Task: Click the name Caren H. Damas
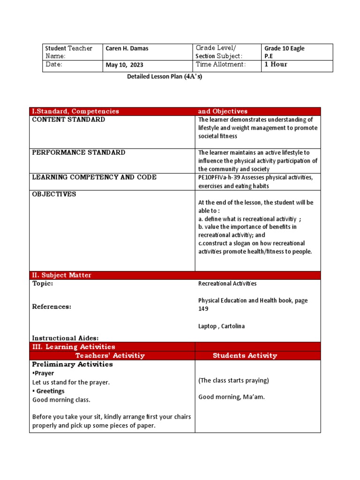coord(127,49)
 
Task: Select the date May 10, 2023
coord(124,65)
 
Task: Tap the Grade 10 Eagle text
coord(284,48)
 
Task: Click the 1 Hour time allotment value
coord(276,65)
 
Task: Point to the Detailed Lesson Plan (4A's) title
coord(165,77)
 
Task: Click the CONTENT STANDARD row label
coord(68,120)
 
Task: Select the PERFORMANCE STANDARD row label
coord(78,152)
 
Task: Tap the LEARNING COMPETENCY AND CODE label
coord(94,177)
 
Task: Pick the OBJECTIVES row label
coord(54,194)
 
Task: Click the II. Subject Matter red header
coord(61,275)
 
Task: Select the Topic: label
coord(42,284)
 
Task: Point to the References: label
coord(52,307)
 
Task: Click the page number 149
coord(203,309)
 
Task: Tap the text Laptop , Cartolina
coord(221,326)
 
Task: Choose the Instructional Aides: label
coord(65,338)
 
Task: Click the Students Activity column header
coord(245,355)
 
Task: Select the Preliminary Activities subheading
coord(72,364)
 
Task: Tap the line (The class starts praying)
coord(233,380)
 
